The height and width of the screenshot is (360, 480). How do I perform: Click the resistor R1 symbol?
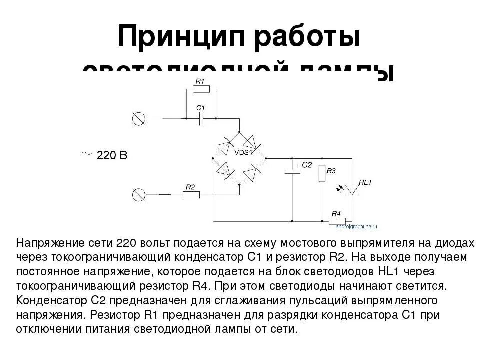coord(201,89)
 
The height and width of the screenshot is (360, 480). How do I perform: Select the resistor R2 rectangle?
coord(190,195)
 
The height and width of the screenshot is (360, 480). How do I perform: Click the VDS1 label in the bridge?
coord(243,151)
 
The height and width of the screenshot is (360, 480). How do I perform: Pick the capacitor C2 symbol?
coord(292,171)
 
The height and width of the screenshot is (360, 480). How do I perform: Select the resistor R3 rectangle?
coord(322,173)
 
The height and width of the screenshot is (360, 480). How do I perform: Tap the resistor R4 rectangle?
coord(336,221)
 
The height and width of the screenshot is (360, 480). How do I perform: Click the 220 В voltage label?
coord(112,155)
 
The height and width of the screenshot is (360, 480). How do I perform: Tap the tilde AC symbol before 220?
coord(86,154)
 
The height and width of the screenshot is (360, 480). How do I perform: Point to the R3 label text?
coord(331,171)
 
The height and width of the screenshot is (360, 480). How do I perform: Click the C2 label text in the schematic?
coord(306,164)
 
